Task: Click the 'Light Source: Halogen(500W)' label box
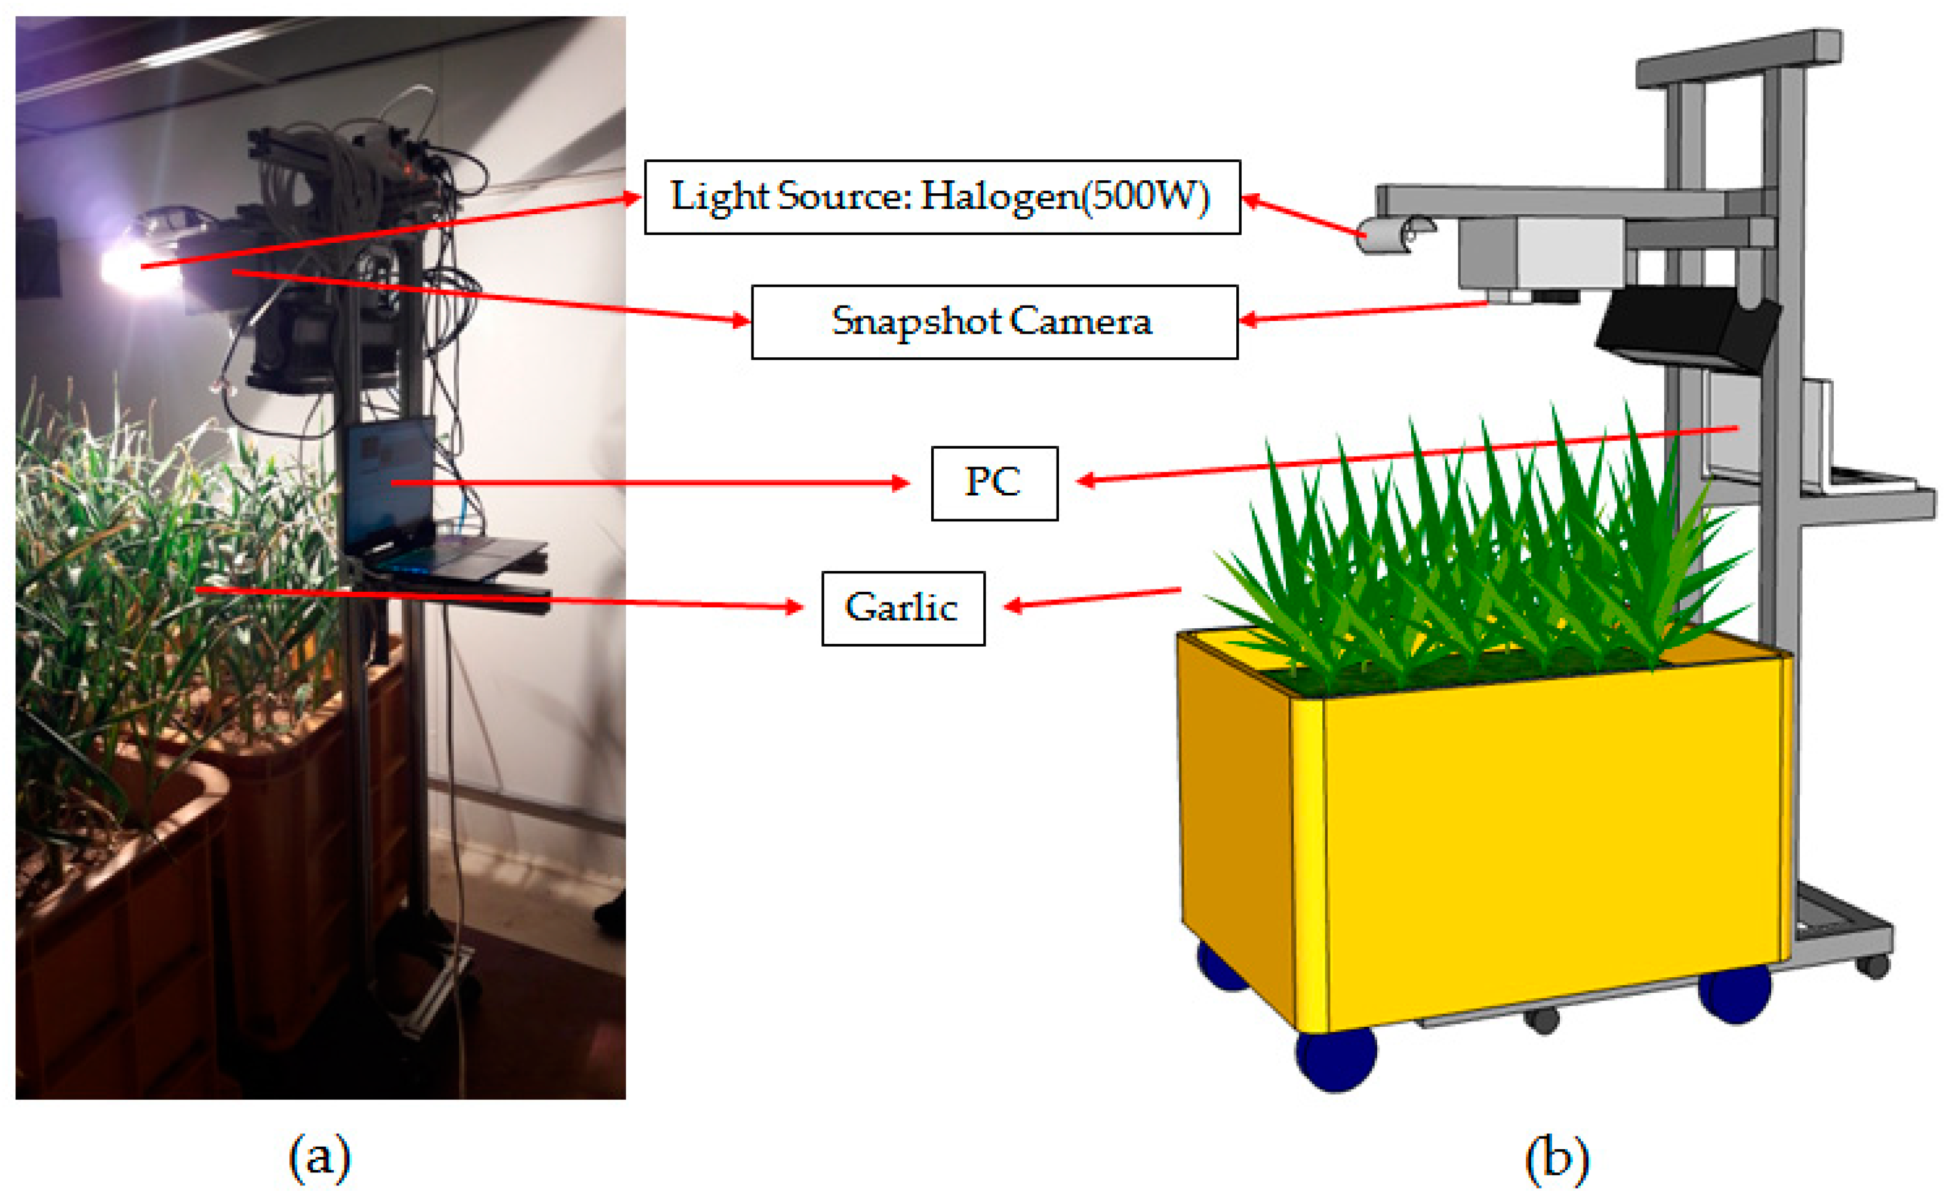[x=941, y=197]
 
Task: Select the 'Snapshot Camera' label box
[x=994, y=322]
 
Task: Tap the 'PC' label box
[x=994, y=483]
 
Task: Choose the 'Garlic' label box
[x=903, y=609]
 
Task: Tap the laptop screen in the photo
[x=389, y=484]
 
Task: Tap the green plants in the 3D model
[x=1470, y=556]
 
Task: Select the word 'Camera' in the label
[x=1080, y=322]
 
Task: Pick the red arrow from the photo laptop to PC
[x=652, y=482]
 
